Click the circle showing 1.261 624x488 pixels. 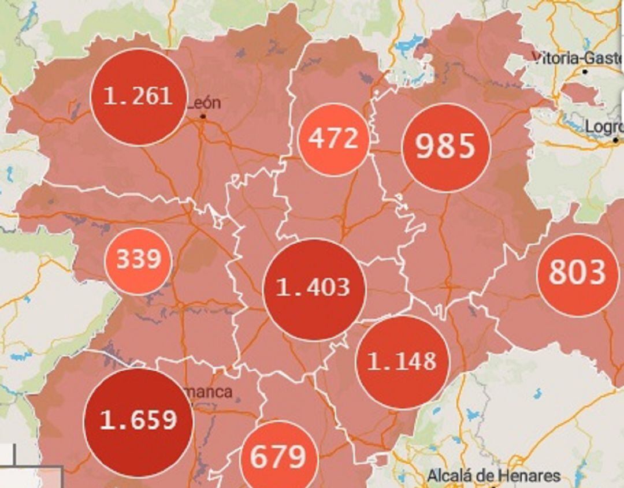click(x=139, y=97)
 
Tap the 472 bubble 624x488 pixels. click(x=333, y=139)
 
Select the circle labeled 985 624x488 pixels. click(x=445, y=147)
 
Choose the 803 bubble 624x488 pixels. click(x=577, y=274)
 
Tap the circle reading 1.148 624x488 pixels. click(x=403, y=362)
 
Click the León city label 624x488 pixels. click(x=203, y=103)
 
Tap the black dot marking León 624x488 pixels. click(x=203, y=117)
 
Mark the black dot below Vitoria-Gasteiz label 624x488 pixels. click(x=585, y=72)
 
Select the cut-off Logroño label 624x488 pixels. click(x=604, y=126)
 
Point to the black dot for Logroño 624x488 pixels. click(x=616, y=140)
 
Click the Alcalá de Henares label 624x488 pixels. click(x=493, y=476)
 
